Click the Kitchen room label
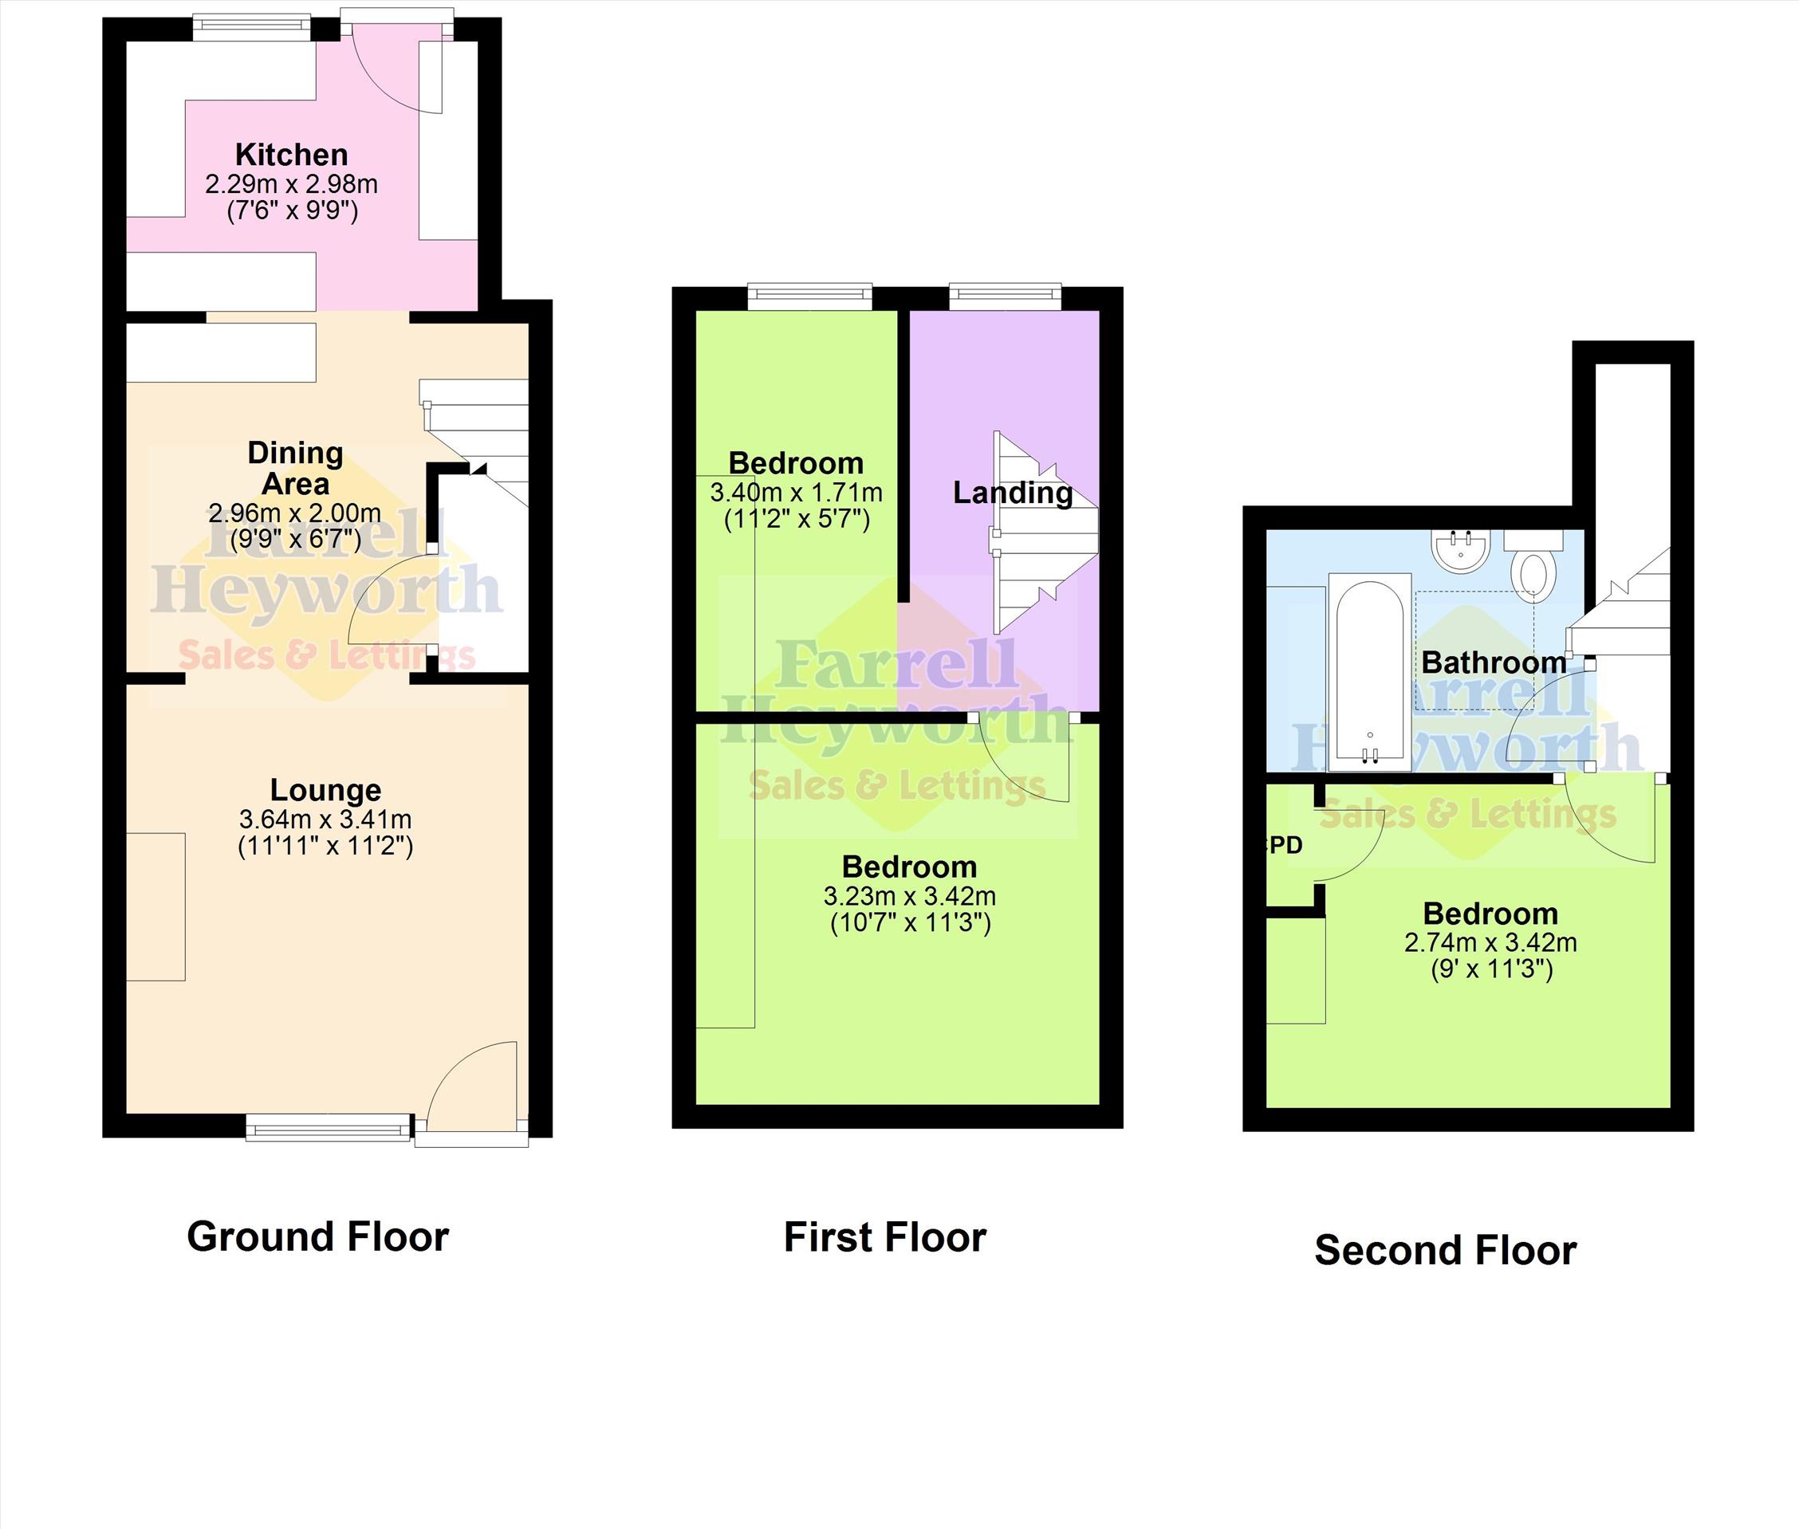click(291, 155)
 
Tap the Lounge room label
click(325, 791)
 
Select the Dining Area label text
click(295, 468)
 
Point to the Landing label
click(1013, 493)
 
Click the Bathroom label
click(1494, 663)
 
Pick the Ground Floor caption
click(318, 1237)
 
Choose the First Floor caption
click(885, 1238)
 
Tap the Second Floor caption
click(1445, 1251)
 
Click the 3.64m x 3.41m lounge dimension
click(325, 820)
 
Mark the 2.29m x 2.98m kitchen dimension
click(291, 185)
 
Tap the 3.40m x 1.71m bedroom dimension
click(796, 493)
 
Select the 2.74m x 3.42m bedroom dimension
click(1490, 943)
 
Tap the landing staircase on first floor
click(1045, 533)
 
